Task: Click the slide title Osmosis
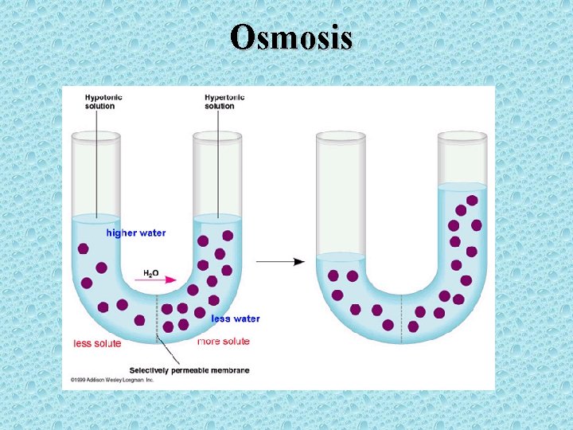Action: pyautogui.click(x=291, y=37)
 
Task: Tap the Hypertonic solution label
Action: pyautogui.click(x=224, y=102)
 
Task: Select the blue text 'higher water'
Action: pyautogui.click(x=136, y=233)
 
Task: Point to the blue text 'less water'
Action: pyautogui.click(x=236, y=319)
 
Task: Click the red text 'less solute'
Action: pyautogui.click(x=97, y=343)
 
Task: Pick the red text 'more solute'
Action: pyautogui.click(x=223, y=342)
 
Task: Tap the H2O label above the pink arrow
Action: pyautogui.click(x=150, y=273)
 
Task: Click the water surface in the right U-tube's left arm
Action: pyautogui.click(x=340, y=256)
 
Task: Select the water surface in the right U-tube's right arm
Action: pyautogui.click(x=462, y=186)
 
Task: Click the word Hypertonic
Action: pyautogui.click(x=224, y=98)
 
